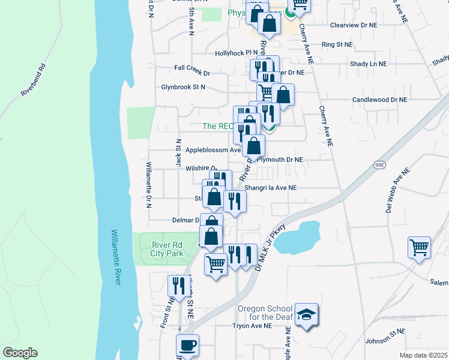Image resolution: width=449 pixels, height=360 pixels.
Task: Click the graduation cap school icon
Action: pyautogui.click(x=306, y=316)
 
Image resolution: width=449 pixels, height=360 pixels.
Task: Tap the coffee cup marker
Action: pyautogui.click(x=187, y=346)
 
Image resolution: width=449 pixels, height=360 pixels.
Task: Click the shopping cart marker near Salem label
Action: pyautogui.click(x=419, y=247)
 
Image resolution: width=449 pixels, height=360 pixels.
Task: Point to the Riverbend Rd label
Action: pyautogui.click(x=34, y=79)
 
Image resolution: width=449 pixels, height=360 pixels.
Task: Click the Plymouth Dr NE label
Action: pyautogui.click(x=280, y=160)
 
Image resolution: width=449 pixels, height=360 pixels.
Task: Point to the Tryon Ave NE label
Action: pyautogui.click(x=252, y=326)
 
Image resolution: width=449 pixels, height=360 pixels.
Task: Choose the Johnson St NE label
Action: pyautogui.click(x=386, y=340)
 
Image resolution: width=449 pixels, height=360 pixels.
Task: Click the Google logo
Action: pyautogui.click(x=20, y=353)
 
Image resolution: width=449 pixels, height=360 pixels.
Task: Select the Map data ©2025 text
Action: pyautogui.click(x=423, y=355)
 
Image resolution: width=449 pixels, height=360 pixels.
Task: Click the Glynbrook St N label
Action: pyautogui.click(x=183, y=87)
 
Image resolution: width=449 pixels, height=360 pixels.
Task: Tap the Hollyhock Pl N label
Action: pyautogui.click(x=237, y=53)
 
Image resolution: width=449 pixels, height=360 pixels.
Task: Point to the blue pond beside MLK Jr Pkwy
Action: pyautogui.click(x=298, y=238)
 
